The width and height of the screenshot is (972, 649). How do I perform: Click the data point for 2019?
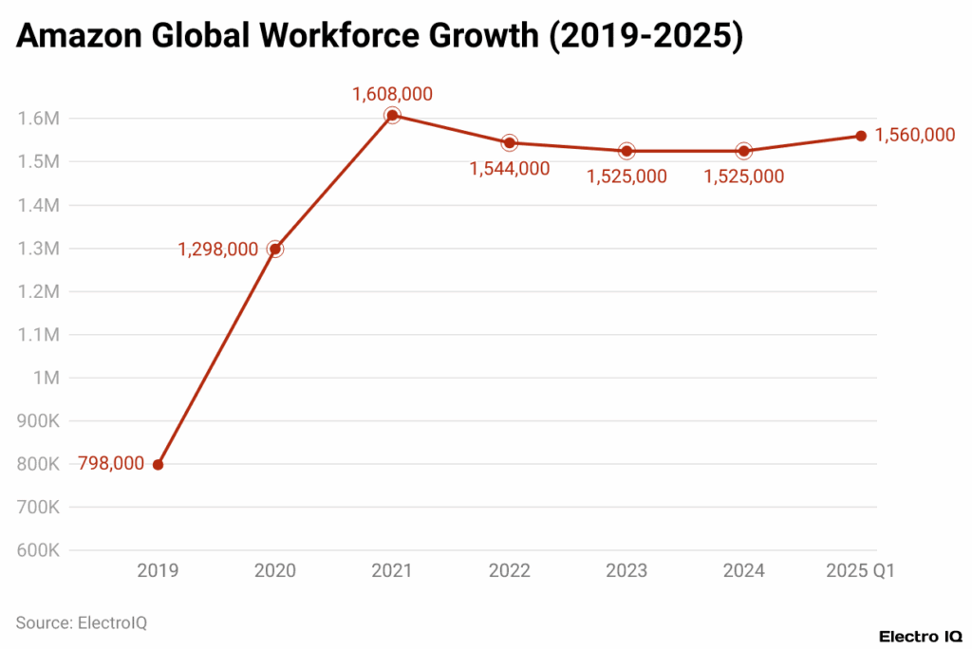coord(158,464)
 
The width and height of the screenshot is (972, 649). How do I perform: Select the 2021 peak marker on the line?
coord(392,115)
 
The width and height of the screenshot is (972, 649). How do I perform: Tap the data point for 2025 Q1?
coord(861,136)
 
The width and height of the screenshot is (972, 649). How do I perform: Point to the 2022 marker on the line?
coord(509,142)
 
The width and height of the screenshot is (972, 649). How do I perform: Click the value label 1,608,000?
coord(392,94)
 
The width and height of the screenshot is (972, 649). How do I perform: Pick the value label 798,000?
coord(111,464)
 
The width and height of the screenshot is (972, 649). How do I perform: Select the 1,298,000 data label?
coord(217,250)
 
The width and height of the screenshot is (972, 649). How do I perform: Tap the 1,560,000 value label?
coord(914,136)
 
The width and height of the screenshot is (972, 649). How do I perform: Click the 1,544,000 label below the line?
coord(509,168)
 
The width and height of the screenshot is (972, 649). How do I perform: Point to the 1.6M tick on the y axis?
coord(39,119)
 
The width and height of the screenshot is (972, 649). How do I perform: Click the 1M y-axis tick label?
coord(47,378)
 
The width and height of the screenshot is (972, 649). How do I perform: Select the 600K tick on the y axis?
coord(39,550)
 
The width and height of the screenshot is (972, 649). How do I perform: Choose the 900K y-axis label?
coord(39,421)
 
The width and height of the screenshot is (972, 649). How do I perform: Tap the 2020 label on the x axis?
coord(274,571)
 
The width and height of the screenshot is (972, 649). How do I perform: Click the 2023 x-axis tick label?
coord(626,571)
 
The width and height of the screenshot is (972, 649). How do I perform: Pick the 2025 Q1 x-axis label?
coord(861,571)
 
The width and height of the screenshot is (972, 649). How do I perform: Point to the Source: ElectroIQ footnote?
coord(82,622)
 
